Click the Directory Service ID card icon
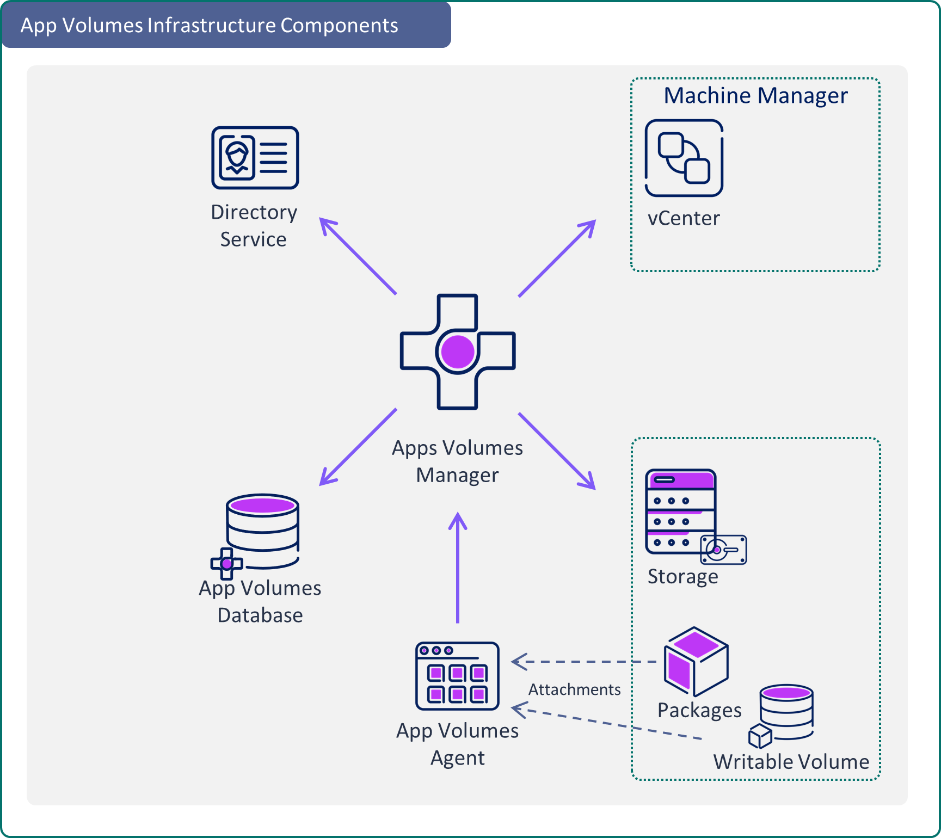pyautogui.click(x=255, y=158)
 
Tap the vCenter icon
pyautogui.click(x=684, y=158)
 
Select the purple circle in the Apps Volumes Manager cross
pyautogui.click(x=458, y=352)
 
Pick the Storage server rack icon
pyautogui.click(x=680, y=512)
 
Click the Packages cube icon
pyautogui.click(x=696, y=661)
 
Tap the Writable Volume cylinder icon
pyautogui.click(x=786, y=712)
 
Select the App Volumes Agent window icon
pyautogui.click(x=457, y=676)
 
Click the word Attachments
pyautogui.click(x=574, y=689)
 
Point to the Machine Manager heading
pyautogui.click(x=755, y=96)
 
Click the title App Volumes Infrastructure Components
pyautogui.click(x=210, y=26)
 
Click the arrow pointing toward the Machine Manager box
pyautogui.click(x=557, y=258)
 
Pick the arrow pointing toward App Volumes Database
pyautogui.click(x=358, y=447)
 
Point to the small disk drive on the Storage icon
pyautogui.click(x=723, y=550)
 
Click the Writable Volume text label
pyautogui.click(x=791, y=762)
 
